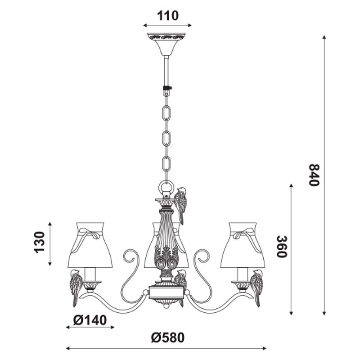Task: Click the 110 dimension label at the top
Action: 167,16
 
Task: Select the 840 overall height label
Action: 314,175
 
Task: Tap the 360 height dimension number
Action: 282,247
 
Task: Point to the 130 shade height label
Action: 39,243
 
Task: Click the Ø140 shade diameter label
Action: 90,320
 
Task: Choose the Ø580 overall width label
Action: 168,338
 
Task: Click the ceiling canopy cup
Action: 166,44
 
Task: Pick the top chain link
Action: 166,113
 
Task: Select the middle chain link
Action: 166,138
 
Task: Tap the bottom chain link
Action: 166,163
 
